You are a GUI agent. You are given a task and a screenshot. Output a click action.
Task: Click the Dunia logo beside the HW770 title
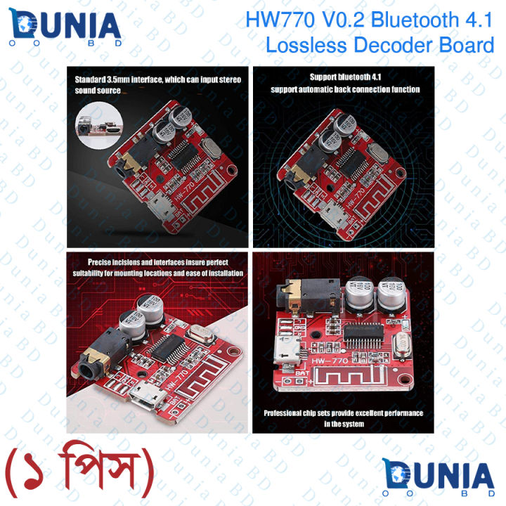pos(67,28)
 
